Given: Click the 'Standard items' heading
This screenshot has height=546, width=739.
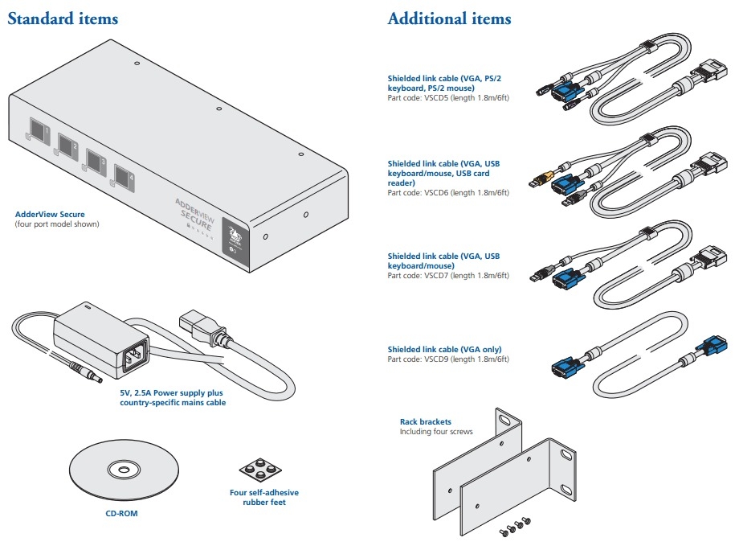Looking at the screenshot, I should (63, 18).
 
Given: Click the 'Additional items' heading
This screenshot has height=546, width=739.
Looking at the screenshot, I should (449, 18).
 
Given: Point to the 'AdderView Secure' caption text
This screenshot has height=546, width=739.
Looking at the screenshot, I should (50, 215).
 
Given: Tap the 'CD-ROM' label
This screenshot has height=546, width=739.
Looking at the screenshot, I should (121, 511).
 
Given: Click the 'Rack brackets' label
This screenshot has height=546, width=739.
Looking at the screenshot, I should (425, 421).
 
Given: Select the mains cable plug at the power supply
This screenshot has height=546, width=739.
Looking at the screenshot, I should (196, 328).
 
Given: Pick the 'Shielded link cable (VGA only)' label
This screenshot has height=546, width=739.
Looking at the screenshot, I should (444, 349).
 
